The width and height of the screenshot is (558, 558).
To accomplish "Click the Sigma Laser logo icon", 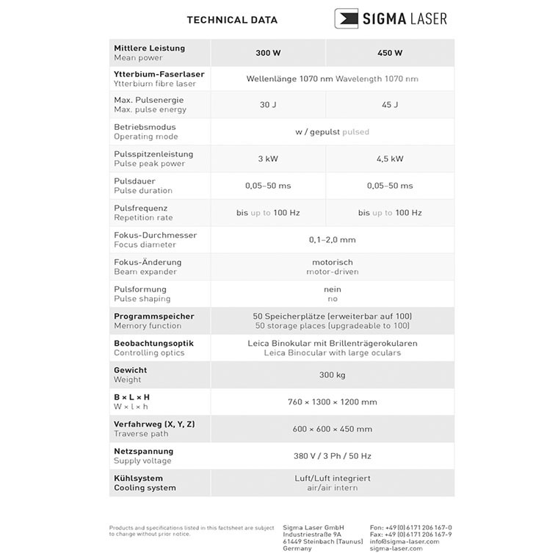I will pyautogui.click(x=346, y=18).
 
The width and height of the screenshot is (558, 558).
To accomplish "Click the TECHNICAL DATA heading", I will pyautogui.click(x=232, y=20).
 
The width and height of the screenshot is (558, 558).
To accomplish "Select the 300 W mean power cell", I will pyautogui.click(x=267, y=53).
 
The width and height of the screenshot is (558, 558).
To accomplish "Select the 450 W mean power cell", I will pyautogui.click(x=389, y=53).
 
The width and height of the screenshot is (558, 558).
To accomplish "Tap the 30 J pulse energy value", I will pyautogui.click(x=267, y=105).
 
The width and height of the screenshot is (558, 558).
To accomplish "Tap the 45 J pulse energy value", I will pyautogui.click(x=390, y=105).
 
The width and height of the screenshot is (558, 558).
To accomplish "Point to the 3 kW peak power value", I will pyautogui.click(x=267, y=159).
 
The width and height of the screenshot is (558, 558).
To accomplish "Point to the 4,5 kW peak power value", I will pyautogui.click(x=390, y=159).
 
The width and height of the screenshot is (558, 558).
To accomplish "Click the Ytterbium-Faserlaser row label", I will pyautogui.click(x=159, y=74).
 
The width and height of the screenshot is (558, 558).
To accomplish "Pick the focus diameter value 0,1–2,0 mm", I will pyautogui.click(x=332, y=240).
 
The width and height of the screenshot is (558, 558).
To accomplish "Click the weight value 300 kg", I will pyautogui.click(x=332, y=375).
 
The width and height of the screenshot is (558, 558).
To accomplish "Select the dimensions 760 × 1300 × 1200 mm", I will pyautogui.click(x=332, y=402).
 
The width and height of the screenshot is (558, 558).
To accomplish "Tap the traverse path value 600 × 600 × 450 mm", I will pyautogui.click(x=332, y=430).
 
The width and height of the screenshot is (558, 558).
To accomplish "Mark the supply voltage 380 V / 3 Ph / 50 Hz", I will pyautogui.click(x=332, y=456).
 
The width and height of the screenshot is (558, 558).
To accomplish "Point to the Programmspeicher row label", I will pyautogui.click(x=153, y=316).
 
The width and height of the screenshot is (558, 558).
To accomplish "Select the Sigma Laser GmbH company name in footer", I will pyautogui.click(x=313, y=527).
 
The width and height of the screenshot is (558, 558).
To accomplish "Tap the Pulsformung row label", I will pyautogui.click(x=140, y=289).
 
